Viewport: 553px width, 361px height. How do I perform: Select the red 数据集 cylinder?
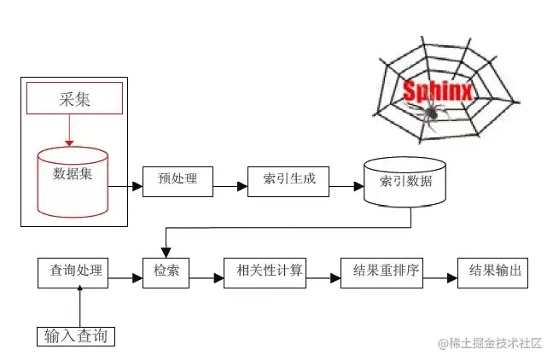73,180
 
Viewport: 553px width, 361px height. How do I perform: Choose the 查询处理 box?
76,272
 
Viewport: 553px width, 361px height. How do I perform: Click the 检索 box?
166,272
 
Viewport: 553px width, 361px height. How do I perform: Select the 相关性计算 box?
264,272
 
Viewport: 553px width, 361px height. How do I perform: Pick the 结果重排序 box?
383,272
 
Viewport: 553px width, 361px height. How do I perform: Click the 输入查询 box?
76,336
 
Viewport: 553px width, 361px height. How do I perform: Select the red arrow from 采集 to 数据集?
69,130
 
